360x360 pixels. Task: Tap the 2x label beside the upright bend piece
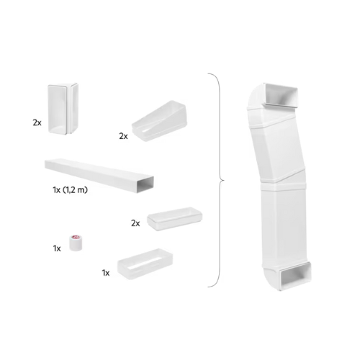coord(37,123)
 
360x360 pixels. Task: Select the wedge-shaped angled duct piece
coord(159,115)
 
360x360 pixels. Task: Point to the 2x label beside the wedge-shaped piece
coord(123,135)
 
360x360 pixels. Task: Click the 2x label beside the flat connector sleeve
coord(135,223)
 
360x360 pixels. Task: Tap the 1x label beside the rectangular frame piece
coord(106,272)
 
